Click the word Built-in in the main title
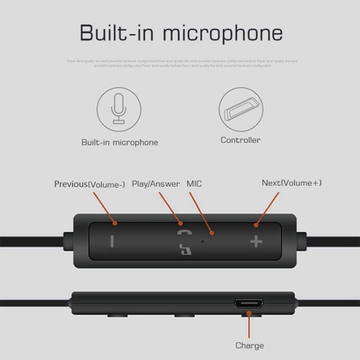tap(116, 34)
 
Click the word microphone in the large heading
tap(223, 34)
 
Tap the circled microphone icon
tap(119, 109)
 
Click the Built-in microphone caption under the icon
tap(120, 142)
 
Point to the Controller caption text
tap(240, 140)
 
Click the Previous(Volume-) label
tap(89, 184)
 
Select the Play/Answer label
tap(156, 184)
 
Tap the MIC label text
tap(194, 184)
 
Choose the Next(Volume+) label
tap(291, 183)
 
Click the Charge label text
tap(249, 345)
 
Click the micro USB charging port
tap(249, 304)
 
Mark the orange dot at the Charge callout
tap(249, 314)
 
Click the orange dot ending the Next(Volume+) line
tap(256, 225)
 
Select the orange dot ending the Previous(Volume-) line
tap(115, 223)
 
